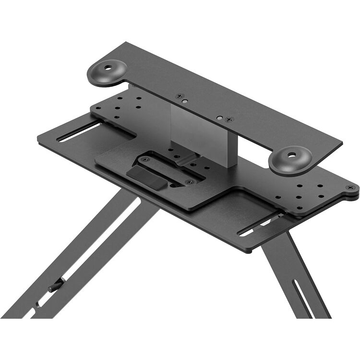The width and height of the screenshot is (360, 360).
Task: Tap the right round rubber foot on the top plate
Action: point(290,160)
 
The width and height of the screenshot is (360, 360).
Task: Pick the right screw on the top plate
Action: point(229,119)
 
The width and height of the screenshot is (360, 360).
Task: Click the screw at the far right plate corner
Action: point(350,187)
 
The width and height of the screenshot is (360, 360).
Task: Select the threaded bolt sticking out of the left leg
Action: point(55,287)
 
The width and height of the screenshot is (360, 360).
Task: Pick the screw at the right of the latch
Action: point(189,182)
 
